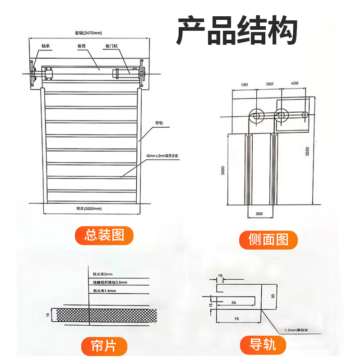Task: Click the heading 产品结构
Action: [236, 31]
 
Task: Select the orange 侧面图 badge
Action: [268, 239]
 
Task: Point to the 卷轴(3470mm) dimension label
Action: [88, 33]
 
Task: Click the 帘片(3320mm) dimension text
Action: [89, 208]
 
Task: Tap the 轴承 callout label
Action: [45, 46]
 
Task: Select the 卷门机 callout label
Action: [111, 46]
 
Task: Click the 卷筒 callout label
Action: [82, 46]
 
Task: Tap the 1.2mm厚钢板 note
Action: [296, 330]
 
